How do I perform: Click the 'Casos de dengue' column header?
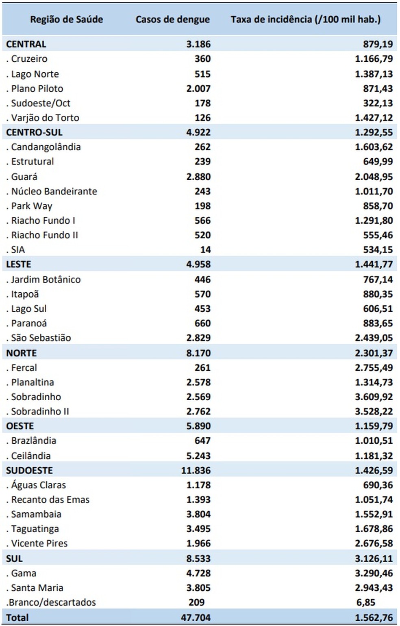(x=173, y=19)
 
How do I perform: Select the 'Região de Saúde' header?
(x=67, y=19)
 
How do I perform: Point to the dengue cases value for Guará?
(x=198, y=177)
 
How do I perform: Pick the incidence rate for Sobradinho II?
(x=374, y=411)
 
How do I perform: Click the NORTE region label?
(x=21, y=353)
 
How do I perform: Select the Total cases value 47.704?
(x=196, y=617)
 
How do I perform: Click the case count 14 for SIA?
(x=205, y=250)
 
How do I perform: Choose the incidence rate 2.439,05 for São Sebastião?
(x=374, y=338)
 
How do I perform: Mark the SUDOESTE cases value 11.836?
(x=196, y=471)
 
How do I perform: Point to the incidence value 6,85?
(x=365, y=602)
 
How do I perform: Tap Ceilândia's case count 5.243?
(x=198, y=456)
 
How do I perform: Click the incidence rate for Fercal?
(x=374, y=368)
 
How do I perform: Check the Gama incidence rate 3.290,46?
(x=374, y=574)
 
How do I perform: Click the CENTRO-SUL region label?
(x=34, y=132)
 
